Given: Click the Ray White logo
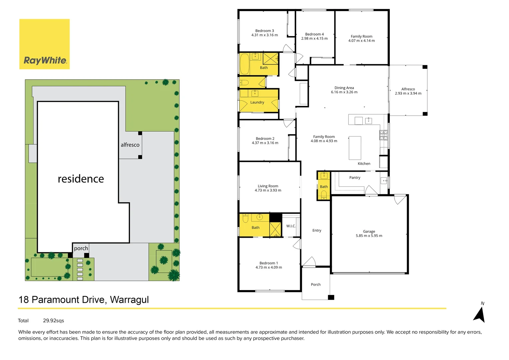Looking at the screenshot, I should point(45,44).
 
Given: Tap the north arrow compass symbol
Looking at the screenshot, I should point(479,314).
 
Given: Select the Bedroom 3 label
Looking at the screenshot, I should point(264,31).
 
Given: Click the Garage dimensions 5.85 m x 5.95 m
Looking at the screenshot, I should point(369,236).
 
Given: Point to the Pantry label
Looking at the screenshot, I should point(354,178).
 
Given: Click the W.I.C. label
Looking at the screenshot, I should point(291,226).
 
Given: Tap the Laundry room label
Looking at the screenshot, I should point(257,102).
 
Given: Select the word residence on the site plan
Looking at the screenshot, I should point(81,179).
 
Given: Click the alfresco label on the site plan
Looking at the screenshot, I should point(130,145).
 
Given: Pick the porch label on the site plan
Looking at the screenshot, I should point(81,248).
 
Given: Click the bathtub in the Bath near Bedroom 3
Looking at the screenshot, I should point(245,64).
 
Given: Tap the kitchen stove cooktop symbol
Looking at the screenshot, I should point(383,135).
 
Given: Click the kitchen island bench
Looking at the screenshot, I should point(355,148).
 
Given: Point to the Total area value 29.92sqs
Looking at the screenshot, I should point(53,321).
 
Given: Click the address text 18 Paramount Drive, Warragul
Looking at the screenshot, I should point(84,300).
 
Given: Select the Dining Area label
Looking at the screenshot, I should point(344,88).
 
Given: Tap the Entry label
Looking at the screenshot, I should point(316,230).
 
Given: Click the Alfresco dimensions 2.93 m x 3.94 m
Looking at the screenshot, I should point(408,93).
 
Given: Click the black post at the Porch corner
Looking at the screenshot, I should point(331,297).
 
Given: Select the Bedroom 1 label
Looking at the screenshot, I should point(268,263).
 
